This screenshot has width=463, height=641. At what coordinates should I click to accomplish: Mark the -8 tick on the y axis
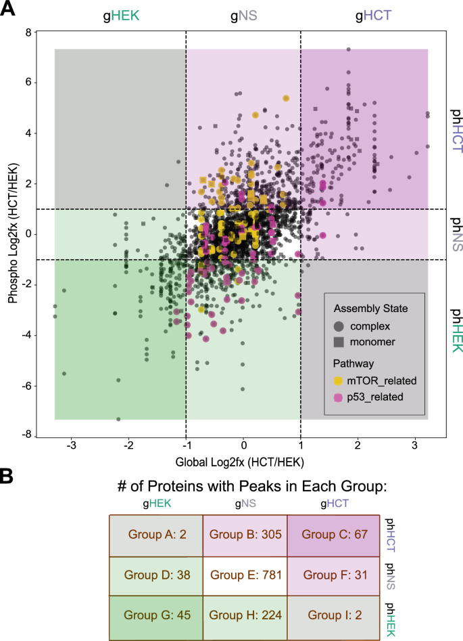(x=27, y=437)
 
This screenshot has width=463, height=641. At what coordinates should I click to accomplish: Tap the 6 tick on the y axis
(x=29, y=83)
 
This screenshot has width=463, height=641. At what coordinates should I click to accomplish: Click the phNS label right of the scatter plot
(x=457, y=234)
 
